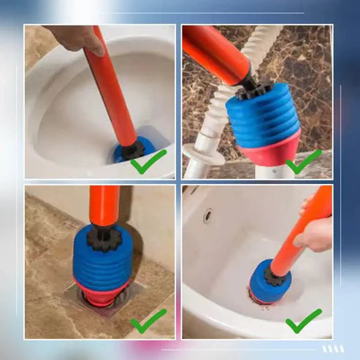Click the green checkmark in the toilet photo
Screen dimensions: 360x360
coord(148,161)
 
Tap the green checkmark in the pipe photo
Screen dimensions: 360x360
coord(304,161)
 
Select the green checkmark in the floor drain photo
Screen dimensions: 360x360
coord(148,321)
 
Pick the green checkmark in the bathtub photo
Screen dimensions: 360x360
coord(304,320)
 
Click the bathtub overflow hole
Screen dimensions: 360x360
coord(208,215)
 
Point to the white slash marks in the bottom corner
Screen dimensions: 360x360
coord(333,349)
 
